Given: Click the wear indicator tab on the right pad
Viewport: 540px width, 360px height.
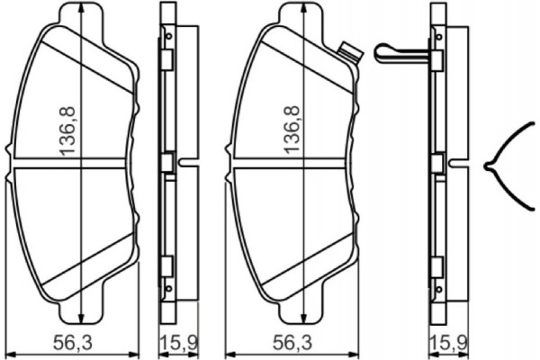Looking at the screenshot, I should (x=349, y=51).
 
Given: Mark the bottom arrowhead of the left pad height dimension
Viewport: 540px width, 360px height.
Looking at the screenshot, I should (x=82, y=321).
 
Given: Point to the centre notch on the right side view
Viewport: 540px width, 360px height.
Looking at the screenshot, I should (x=457, y=164).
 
